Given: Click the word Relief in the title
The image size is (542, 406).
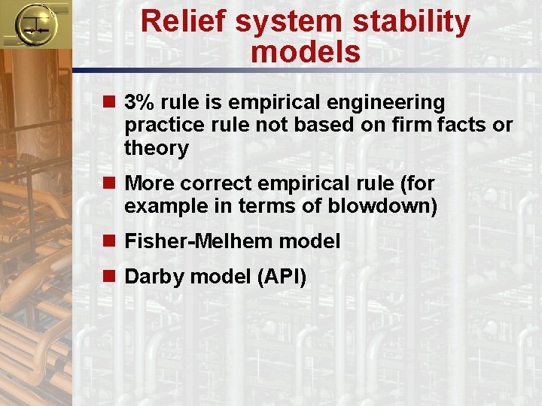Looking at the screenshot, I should (x=183, y=22).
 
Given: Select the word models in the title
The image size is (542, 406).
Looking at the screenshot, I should (x=306, y=52).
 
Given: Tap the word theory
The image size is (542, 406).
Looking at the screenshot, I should (x=157, y=148).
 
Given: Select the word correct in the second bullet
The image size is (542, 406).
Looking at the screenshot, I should (x=216, y=183).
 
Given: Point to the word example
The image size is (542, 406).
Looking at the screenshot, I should (x=160, y=206).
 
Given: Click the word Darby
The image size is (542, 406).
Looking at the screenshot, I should (x=154, y=277).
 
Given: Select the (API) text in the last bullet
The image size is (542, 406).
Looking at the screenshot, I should (x=282, y=277).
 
